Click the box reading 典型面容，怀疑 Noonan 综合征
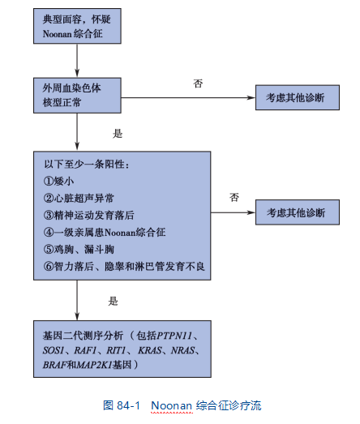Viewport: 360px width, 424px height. coord(77,26)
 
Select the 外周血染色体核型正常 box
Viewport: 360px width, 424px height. coord(77,96)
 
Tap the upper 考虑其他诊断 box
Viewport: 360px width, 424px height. coord(298,97)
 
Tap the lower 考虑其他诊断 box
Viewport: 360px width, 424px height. coord(298,212)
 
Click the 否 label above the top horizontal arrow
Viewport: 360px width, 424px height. coord(198,84)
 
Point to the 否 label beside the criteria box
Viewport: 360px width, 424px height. coord(234,197)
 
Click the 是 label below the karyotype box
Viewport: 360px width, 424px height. coord(118,133)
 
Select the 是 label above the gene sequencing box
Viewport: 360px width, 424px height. coord(113,301)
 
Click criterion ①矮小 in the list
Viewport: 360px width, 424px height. coord(58,181)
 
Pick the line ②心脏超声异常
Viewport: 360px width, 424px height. coord(79,198)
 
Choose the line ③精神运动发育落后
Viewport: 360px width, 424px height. coord(88,216)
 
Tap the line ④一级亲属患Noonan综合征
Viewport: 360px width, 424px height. coord(105,233)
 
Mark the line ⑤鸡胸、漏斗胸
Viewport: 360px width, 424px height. coord(79,250)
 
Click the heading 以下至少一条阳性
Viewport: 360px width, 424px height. coord(84,164)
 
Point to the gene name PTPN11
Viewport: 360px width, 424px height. coord(174,336)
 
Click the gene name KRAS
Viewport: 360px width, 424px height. coord(150,350)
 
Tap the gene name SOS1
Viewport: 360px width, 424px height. coord(54,350)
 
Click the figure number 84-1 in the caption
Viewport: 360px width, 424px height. coord(128,405)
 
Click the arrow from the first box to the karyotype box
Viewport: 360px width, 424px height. coord(77,61)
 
